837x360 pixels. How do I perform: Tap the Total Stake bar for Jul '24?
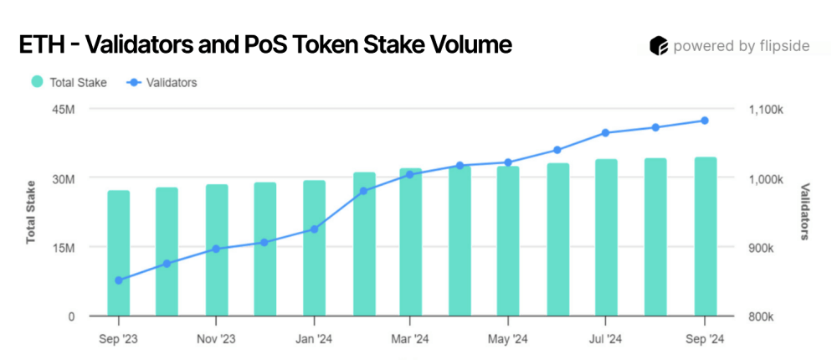606,238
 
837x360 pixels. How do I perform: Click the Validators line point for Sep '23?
119,280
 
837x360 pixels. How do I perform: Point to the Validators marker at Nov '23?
216,249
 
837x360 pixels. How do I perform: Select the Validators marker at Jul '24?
606,133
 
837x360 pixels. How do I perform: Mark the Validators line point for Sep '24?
705,121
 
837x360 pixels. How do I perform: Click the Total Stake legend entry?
69,82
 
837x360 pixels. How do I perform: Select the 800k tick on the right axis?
760,317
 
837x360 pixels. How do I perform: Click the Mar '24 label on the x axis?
410,339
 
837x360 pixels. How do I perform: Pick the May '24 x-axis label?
508,339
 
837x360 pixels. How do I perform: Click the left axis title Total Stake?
31,212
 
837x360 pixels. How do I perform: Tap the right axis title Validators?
805,212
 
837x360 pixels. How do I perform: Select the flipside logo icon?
659,46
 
